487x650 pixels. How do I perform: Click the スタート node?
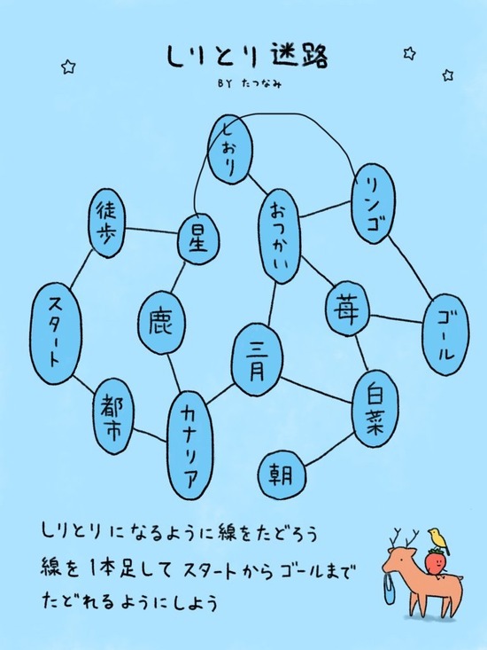[57, 333]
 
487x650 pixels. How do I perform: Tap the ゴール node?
[445, 334]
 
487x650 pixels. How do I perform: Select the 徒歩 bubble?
[107, 223]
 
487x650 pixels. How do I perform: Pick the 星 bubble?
[198, 239]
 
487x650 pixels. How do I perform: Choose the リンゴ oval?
[373, 203]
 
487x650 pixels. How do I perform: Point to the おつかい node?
[280, 237]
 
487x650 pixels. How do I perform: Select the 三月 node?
[258, 360]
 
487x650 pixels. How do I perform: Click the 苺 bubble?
[348, 309]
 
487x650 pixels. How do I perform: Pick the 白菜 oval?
[375, 408]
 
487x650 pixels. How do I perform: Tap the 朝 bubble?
[282, 474]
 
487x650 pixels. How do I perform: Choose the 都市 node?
[113, 416]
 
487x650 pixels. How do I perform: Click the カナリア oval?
[191, 446]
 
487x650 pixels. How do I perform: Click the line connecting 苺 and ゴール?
[397, 318]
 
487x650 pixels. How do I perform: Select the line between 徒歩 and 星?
[151, 230]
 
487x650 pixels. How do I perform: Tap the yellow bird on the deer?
[438, 542]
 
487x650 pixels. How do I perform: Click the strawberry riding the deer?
[437, 561]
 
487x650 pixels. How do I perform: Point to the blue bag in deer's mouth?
[390, 589]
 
